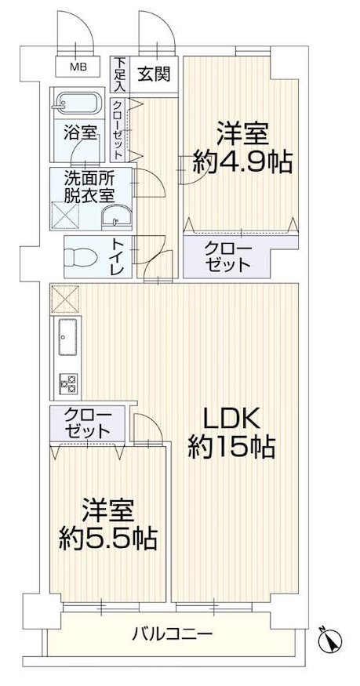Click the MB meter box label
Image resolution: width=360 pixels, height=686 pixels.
point(78,67)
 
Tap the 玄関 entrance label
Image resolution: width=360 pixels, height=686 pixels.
point(152,74)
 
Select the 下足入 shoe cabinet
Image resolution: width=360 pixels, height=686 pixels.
point(119,74)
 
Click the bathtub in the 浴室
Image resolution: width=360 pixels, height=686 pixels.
point(78,104)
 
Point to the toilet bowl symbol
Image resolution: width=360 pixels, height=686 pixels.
point(80,257)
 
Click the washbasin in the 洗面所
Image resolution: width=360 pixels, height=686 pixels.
point(116,216)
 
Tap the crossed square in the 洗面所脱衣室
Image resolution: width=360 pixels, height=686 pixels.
point(65,216)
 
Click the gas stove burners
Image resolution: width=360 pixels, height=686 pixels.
point(68,383)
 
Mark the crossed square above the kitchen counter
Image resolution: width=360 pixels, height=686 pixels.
point(65,299)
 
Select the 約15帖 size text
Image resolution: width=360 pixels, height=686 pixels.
point(231,447)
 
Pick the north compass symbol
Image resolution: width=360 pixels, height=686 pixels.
point(331,640)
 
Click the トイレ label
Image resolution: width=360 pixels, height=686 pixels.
point(118,257)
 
